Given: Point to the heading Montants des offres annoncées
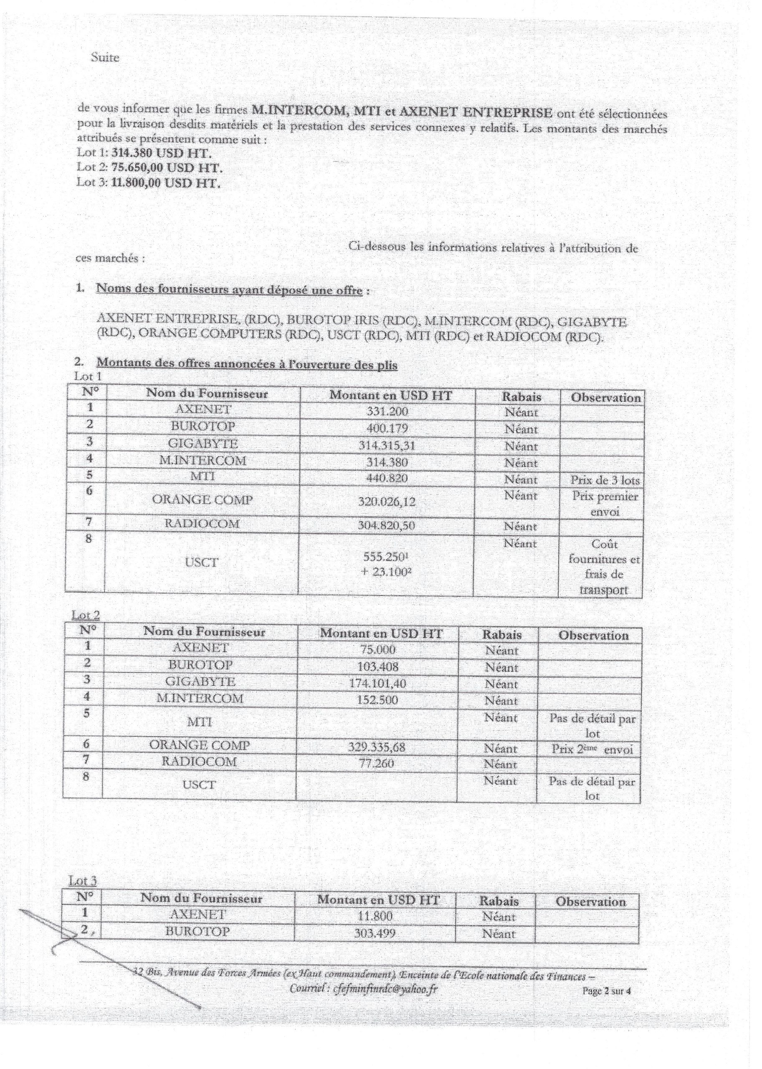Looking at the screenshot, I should pos(247,364).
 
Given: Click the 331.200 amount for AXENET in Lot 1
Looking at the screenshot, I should pos(387,412).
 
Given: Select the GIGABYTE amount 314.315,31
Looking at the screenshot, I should pos(387,445).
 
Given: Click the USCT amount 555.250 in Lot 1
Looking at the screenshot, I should pos(384,557).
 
